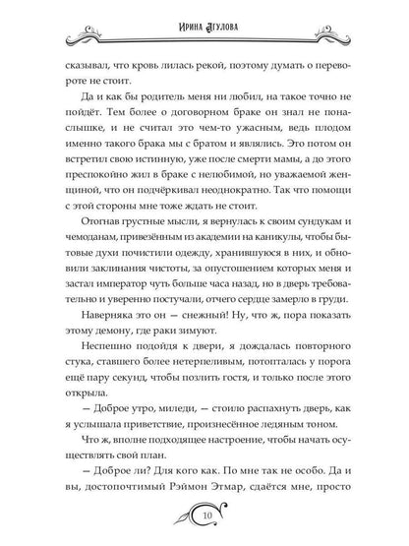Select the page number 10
205,516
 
